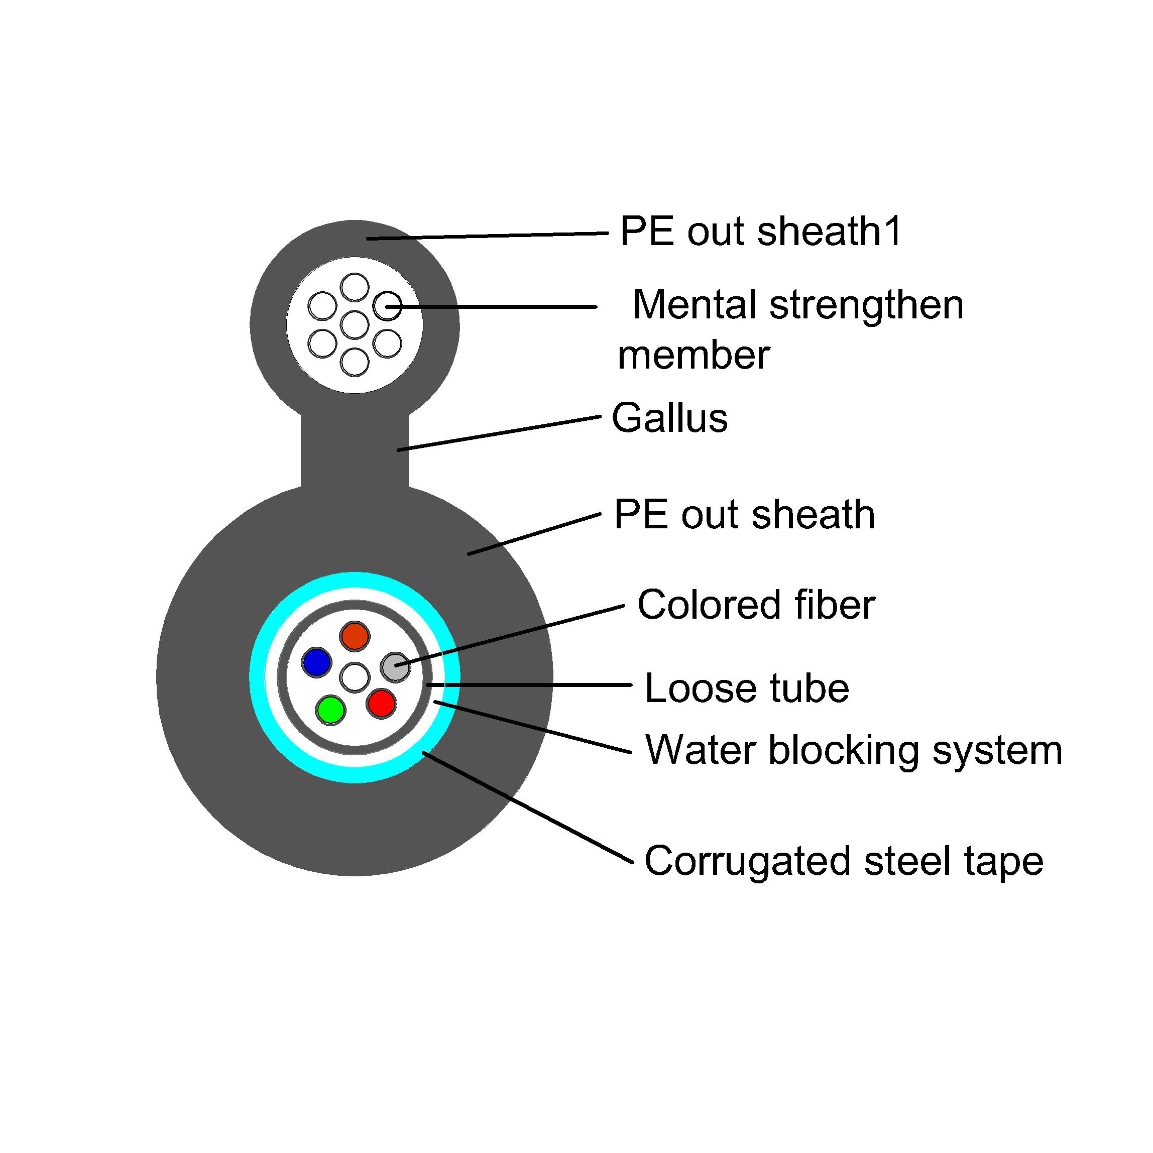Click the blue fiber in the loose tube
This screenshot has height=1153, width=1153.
pos(316,662)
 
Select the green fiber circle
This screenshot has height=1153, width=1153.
pos(330,710)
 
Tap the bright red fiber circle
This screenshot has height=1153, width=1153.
pos(381,703)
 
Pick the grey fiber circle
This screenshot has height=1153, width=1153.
pos(395,666)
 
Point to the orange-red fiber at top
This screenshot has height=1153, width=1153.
pos(355,636)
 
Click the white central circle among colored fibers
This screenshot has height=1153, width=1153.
pos(355,677)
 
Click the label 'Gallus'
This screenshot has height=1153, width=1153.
pos(669,418)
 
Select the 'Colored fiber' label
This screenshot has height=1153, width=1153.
pos(756,605)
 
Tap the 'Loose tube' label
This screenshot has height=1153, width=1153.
pos(747,688)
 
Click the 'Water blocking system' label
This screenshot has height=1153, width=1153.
pos(853,750)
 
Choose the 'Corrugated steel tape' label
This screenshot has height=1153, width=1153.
pos(844,861)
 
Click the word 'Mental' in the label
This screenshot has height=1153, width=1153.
pos(695,304)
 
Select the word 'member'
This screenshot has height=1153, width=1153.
pos(694,355)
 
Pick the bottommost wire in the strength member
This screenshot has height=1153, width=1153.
pos(355,362)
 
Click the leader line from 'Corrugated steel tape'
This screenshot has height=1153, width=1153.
pos(528,808)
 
